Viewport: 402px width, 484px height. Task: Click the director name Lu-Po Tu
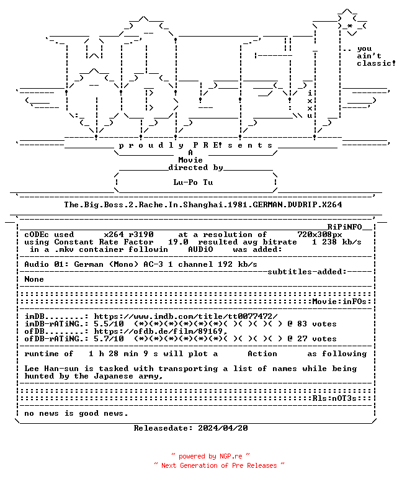click(x=193, y=182)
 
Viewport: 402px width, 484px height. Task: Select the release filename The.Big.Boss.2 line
click(x=203, y=205)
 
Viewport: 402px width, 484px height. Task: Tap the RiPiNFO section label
click(x=344, y=227)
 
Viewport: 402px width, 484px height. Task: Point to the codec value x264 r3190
click(x=128, y=235)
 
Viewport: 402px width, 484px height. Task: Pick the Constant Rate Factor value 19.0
click(x=178, y=242)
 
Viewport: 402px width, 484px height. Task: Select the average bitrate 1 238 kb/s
click(x=337, y=242)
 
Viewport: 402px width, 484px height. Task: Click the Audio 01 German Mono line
click(x=141, y=264)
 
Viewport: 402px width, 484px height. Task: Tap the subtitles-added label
click(x=307, y=272)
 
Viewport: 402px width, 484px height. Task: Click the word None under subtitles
click(x=34, y=279)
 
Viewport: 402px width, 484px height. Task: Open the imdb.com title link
click(x=185, y=316)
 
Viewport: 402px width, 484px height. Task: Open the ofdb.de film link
click(x=161, y=331)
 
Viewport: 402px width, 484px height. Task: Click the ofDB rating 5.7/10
click(x=109, y=339)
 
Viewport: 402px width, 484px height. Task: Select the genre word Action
click(x=262, y=354)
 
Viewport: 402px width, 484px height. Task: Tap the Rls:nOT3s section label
click(x=334, y=398)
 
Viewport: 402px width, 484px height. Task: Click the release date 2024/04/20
click(x=223, y=428)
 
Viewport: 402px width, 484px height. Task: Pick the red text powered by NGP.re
click(x=210, y=456)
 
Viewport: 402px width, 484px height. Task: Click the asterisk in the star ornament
click(x=349, y=26)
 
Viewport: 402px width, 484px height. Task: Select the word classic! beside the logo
click(x=376, y=63)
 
